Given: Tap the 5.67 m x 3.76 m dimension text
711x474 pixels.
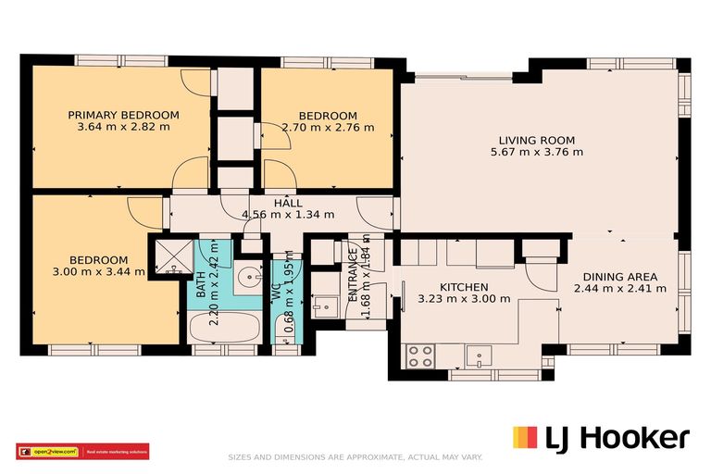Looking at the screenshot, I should coord(536,153).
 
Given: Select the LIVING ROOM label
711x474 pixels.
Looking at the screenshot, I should coord(536,141).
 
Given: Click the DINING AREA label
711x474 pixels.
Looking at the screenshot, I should coord(619,277).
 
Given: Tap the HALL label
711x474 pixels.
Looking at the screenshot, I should coord(288,203).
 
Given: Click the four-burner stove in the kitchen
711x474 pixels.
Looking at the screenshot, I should coord(421,355).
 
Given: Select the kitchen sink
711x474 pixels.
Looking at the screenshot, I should coord(479,354).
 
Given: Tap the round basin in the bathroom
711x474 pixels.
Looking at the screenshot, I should coord(247,277).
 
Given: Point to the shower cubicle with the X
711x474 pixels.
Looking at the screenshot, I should coord(168,256).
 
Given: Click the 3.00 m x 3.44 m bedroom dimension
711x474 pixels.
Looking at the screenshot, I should coord(98,271).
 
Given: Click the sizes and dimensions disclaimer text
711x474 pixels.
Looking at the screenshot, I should coord(355,457).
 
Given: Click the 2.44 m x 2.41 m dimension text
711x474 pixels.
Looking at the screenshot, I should coord(619,289).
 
